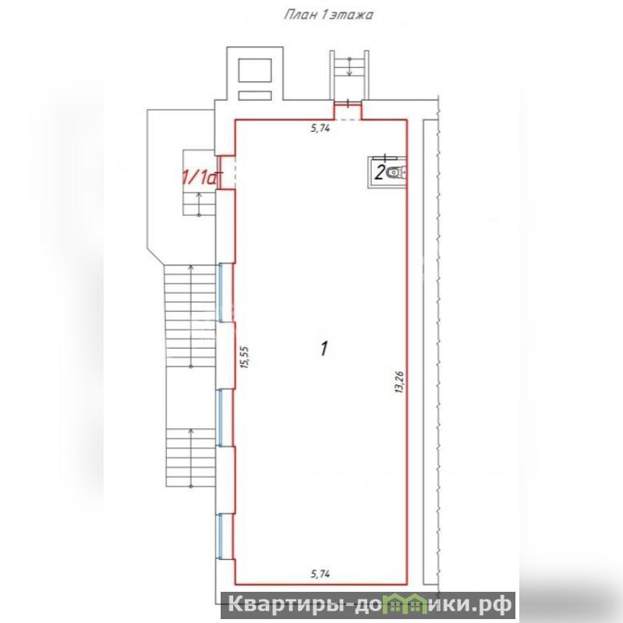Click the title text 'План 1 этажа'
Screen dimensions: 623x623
[328, 15]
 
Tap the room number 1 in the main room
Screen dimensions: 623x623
[324, 349]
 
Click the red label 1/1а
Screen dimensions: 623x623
[200, 177]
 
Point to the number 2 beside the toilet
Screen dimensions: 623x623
[380, 173]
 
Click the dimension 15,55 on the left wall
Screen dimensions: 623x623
[245, 357]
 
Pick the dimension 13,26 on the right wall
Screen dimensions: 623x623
[400, 382]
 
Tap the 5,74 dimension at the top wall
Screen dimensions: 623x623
[320, 128]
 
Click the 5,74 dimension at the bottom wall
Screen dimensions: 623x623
[320, 574]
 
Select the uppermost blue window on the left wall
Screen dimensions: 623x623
[221, 292]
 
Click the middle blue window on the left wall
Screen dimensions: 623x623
[221, 417]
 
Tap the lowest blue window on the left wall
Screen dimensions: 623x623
[221, 536]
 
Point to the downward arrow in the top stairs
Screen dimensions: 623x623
[349, 67]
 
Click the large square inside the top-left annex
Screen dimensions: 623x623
[255, 70]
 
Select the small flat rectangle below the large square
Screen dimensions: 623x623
[255, 95]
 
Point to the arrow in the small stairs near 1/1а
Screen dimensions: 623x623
[199, 204]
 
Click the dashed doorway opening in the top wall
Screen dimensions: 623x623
[348, 119]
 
